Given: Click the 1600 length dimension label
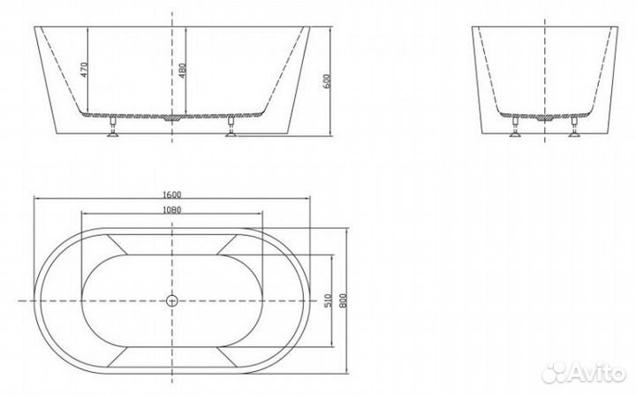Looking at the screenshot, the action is point(171,194).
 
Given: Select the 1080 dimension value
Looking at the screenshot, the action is point(171,210).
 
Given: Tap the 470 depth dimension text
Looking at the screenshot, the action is point(84,70).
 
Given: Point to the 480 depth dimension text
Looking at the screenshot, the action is point(182,71).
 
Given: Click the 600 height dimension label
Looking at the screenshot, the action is point(328,80).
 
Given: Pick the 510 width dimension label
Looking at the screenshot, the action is point(328,300).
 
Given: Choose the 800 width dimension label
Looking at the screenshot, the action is point(343,300).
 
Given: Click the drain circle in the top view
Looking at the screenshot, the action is point(172,300).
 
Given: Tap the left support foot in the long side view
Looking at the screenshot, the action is point(113,127).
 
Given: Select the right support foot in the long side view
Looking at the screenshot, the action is point(231,127).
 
